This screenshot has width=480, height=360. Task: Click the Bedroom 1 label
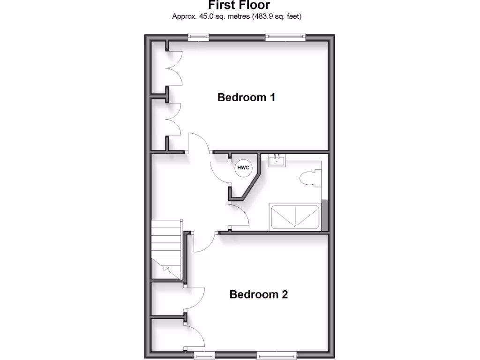point(246,97)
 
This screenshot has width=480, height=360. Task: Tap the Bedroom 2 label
point(258,294)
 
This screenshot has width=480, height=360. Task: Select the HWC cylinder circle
point(243,168)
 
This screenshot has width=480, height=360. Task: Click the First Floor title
point(239,6)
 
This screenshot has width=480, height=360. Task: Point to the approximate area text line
point(237,17)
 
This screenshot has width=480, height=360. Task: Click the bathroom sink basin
point(277,161)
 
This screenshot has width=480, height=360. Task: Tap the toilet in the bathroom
point(309,178)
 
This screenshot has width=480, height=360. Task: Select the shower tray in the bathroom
point(294,217)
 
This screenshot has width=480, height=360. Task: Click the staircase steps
point(166,248)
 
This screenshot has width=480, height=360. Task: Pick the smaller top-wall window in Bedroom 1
point(198,37)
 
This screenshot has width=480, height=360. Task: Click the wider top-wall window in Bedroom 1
point(285,37)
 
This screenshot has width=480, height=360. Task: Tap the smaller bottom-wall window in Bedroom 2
point(204,355)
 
